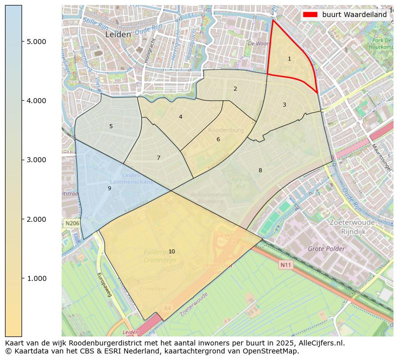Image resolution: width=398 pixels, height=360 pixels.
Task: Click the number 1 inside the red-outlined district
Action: pos(289,59)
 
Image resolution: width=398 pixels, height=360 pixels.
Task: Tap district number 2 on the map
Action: pos(235,89)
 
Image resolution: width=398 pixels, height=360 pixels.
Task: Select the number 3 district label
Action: pos(284,105)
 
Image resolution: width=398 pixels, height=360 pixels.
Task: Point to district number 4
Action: pos(180,117)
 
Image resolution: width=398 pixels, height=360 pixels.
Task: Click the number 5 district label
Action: pos(111,127)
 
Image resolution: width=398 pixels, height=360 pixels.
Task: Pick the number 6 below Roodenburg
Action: pos(218,140)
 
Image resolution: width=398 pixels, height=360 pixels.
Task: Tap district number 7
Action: pos(158,158)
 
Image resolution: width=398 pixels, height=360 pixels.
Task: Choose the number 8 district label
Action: pos(260,171)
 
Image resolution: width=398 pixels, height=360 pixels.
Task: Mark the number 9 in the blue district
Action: pos(109,189)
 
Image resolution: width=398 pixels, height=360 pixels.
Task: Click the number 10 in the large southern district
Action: pos(171,251)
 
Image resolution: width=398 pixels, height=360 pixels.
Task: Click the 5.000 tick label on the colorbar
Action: pos(36,42)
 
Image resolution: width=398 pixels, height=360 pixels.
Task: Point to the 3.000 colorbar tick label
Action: pos(36,160)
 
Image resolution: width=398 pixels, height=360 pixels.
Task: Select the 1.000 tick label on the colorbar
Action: pos(36,279)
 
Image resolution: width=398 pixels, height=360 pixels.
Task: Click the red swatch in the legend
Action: pos(310,15)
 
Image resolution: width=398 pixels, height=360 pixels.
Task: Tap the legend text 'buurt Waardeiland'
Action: pos(354,15)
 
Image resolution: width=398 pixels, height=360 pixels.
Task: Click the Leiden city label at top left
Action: pos(118,35)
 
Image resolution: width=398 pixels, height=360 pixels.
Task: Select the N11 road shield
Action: pos(285,265)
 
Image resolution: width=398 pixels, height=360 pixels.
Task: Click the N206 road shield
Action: pos(72,223)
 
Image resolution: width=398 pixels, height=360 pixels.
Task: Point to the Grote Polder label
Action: pos(326,249)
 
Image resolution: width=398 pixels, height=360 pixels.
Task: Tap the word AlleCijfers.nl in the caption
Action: pos(319,343)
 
